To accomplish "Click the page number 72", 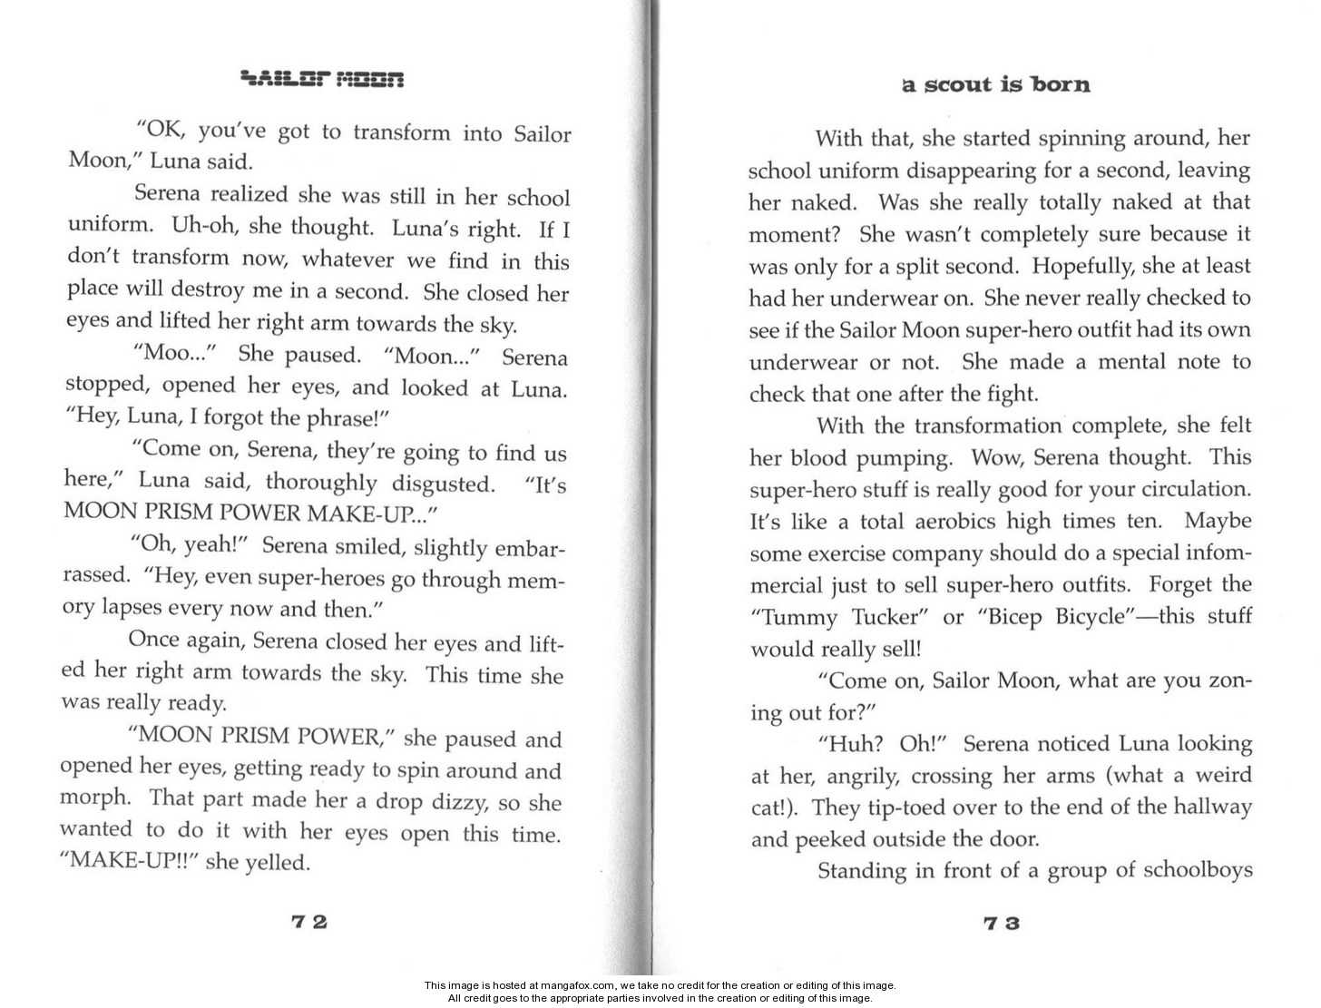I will pos(309,922).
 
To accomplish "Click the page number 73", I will pos(1002,924).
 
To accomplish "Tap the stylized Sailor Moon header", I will pos(322,80).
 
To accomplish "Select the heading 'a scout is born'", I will pos(996,84).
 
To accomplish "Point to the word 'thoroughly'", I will pos(320,482).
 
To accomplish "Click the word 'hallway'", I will pos(1211,807).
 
